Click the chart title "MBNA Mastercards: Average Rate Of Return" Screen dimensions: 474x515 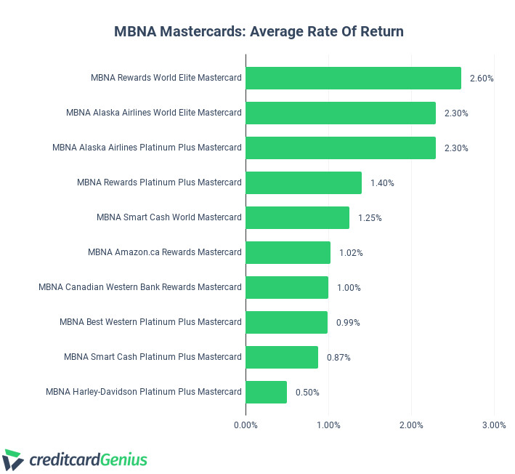click(x=259, y=31)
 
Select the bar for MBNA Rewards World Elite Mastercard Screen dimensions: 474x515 click(x=353, y=78)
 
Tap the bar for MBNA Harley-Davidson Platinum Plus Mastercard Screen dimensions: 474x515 click(x=266, y=392)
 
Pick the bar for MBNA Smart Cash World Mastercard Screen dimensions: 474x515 click(x=297, y=217)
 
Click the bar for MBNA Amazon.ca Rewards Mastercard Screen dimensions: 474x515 click(x=288, y=252)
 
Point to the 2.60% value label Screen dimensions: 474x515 click(x=482, y=79)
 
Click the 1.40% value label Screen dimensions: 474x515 click(x=382, y=183)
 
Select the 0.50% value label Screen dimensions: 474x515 click(x=307, y=393)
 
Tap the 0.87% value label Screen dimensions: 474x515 click(x=338, y=358)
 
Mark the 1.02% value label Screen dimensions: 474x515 click(x=351, y=253)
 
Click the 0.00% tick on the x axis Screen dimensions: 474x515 click(x=246, y=425)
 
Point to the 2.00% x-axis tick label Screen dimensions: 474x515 click(x=411, y=425)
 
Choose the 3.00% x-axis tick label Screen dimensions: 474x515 click(x=494, y=425)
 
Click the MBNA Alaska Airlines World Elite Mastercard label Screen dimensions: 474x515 click(x=153, y=113)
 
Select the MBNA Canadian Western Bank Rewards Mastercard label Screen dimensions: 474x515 click(x=139, y=287)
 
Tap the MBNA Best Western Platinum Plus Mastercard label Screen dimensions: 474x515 click(x=150, y=322)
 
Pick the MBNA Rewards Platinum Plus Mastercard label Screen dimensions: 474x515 click(x=159, y=182)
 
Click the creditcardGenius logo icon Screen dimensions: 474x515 click(x=14, y=459)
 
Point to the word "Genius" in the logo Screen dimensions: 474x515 click(x=124, y=459)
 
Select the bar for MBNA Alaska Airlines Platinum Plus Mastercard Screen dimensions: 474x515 click(x=340, y=148)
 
